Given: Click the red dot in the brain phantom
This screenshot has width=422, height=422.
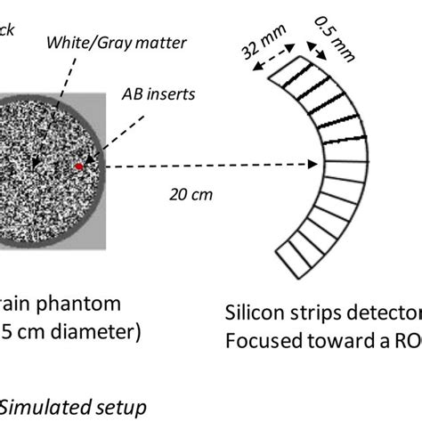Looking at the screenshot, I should [x=79, y=166].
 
